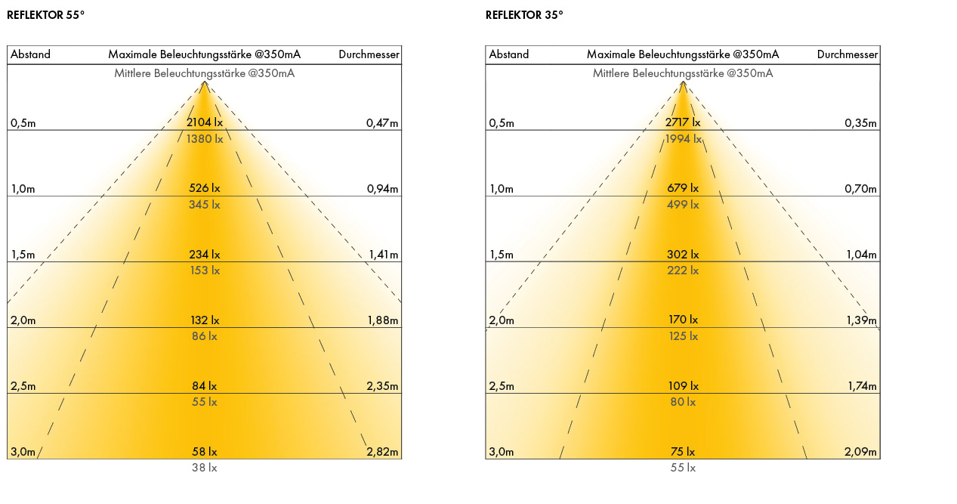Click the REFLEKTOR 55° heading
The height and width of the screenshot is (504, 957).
coord(45,15)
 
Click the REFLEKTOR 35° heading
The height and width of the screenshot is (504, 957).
coord(524,15)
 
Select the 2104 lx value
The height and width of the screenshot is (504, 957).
coord(204,122)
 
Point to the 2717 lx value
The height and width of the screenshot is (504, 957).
coord(683,122)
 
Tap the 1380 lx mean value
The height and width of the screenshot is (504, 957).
coord(204,139)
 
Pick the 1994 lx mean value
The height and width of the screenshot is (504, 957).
coord(683,139)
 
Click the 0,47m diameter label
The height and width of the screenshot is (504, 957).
coord(382,123)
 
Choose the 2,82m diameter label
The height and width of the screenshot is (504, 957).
coord(382,452)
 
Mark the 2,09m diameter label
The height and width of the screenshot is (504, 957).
coord(861,452)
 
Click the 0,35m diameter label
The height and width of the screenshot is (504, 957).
coord(861,123)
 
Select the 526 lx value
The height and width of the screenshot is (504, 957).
coord(204,188)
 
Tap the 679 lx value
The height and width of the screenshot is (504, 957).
coord(683,188)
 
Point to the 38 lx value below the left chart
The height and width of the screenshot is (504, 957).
coord(204,468)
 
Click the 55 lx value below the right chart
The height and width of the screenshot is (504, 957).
coord(683,468)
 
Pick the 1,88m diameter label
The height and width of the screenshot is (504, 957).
coord(382,320)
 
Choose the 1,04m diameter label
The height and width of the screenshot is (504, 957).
coord(861,255)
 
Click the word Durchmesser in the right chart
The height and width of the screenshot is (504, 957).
coord(847,54)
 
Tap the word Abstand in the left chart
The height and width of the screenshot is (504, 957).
coord(30,54)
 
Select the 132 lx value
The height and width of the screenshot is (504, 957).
coord(204,320)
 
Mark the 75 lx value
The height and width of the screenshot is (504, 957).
coord(683,452)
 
